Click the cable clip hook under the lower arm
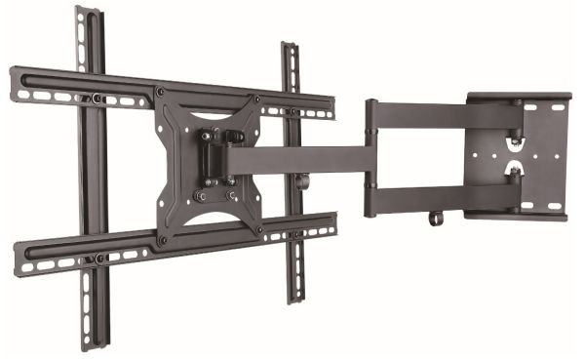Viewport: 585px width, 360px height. pyautogui.click(x=435, y=218)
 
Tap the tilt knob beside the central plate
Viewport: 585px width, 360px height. pyautogui.click(x=302, y=181)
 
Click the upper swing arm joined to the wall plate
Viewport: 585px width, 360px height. pyautogui.click(x=439, y=115)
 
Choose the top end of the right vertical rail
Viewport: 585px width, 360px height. pyautogui.click(x=290, y=49)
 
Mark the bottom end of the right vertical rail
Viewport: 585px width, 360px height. pyautogui.click(x=295, y=295)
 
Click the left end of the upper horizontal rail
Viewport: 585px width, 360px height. pyautogui.click(x=18, y=77)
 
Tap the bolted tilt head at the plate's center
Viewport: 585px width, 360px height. pyautogui.click(x=216, y=160)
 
